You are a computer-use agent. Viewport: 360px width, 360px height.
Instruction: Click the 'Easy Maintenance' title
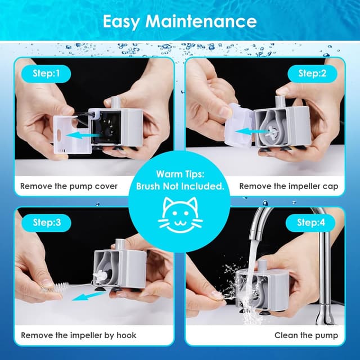179,21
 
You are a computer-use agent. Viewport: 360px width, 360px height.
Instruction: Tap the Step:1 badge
46,74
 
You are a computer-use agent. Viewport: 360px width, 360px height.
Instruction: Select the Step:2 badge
312,74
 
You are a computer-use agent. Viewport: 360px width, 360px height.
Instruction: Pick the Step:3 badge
46,223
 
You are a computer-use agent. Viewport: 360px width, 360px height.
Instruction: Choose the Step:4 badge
310,223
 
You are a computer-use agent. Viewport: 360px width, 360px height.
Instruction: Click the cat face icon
181,215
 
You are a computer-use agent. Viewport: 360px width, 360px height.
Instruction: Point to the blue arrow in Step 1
82,135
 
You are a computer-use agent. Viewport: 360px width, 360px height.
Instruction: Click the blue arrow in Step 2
251,132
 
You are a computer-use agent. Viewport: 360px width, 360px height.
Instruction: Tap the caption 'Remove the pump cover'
69,186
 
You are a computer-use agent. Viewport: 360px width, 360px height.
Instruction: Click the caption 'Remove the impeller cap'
289,186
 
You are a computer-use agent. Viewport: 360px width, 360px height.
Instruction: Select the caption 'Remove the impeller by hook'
79,335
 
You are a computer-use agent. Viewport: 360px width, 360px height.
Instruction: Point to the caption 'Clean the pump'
306,335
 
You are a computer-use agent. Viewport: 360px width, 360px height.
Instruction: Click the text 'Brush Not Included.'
180,186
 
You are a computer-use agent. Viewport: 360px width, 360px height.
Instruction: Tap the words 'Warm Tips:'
180,174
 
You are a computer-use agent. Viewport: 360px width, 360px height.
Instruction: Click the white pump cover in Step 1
72,134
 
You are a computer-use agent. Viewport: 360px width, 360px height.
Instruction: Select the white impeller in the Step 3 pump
99,276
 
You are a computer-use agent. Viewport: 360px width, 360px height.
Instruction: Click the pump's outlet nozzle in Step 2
279,101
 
